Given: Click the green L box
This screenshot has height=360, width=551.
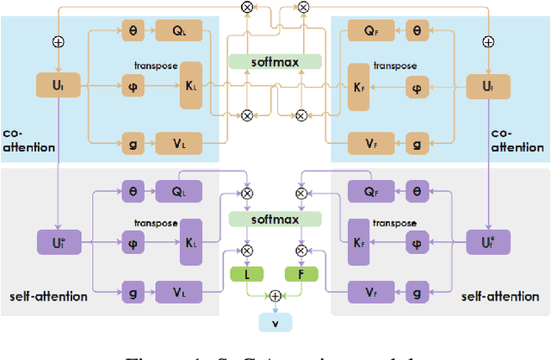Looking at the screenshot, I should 247,275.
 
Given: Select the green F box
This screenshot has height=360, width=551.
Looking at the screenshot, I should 301,275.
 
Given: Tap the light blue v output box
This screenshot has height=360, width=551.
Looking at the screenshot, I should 275,322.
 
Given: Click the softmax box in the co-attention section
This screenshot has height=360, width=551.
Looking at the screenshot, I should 275,62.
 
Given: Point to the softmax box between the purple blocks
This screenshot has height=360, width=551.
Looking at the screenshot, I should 275,219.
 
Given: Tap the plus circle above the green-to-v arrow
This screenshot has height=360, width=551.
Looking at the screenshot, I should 275,295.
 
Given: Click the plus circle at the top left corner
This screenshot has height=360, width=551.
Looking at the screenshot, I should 58,40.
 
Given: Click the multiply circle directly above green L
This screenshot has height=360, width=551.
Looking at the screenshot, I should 247,251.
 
